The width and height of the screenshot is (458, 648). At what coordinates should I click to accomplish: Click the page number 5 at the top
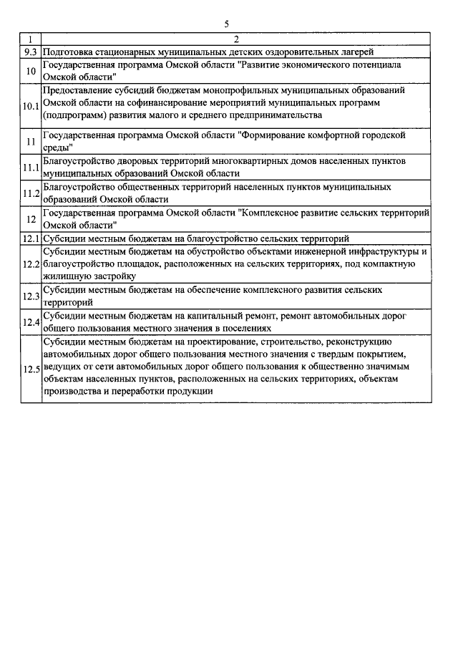226,24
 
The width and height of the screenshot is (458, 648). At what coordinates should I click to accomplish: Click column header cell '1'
31,39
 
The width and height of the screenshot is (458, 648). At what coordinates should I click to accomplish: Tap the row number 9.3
31,52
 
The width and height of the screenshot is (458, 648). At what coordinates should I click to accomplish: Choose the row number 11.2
31,193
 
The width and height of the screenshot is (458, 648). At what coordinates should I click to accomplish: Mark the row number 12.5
31,370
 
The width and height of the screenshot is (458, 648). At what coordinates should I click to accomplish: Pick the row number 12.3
31,296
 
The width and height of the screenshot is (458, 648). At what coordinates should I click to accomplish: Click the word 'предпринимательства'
276,115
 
